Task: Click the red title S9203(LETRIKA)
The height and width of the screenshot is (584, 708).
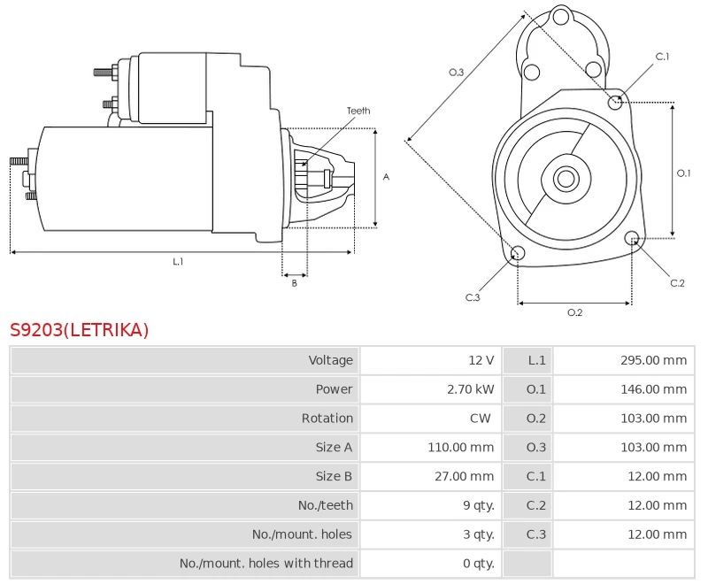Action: coord(80,330)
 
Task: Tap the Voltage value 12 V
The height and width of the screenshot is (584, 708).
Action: coord(481,360)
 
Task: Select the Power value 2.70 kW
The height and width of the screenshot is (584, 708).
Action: coord(471,389)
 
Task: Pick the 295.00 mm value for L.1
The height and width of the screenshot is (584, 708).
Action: coord(653,360)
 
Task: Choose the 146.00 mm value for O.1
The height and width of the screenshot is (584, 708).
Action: coord(653,389)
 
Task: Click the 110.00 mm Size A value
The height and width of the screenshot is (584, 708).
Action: coord(460,448)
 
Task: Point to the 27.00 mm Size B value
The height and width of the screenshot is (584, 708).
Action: coord(464,476)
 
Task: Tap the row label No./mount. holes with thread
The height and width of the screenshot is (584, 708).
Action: coord(265,563)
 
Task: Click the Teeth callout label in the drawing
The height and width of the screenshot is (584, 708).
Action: coord(358,111)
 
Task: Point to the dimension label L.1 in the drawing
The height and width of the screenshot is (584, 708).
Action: coord(178,261)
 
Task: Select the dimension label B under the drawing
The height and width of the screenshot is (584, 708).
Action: coord(295,283)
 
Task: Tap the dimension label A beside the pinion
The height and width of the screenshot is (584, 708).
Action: coord(386,177)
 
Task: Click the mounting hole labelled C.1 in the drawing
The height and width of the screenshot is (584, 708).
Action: coord(616,103)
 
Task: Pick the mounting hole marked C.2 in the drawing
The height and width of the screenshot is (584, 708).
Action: coord(632,238)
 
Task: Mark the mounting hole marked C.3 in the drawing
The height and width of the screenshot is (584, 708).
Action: coord(519,255)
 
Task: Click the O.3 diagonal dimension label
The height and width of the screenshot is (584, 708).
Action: coord(457,73)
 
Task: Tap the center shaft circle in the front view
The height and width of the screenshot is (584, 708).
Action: coord(566,179)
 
